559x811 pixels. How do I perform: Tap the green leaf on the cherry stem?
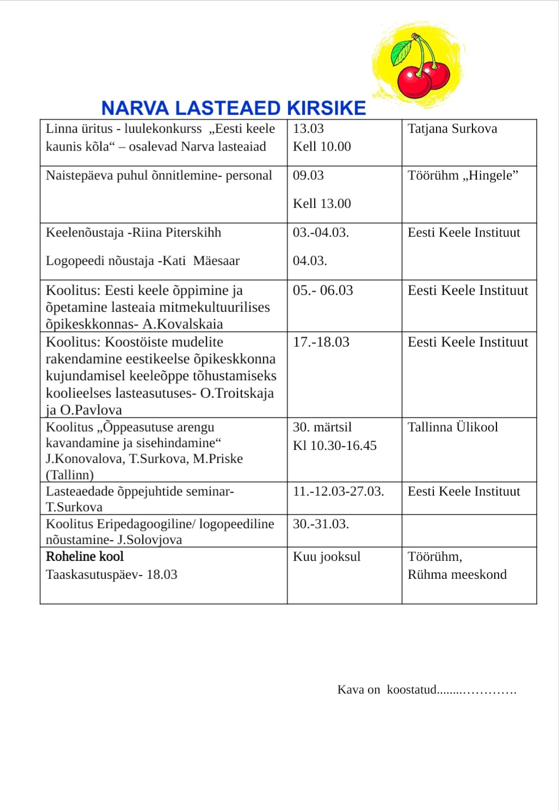click(x=402, y=52)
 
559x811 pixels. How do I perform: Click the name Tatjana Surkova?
click(x=452, y=129)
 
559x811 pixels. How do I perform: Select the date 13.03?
click(x=308, y=129)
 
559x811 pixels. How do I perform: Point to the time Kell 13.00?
click(x=322, y=203)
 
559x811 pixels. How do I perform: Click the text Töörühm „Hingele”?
click(x=463, y=175)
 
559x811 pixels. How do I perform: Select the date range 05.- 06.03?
click(x=323, y=290)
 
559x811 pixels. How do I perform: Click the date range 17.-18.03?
click(x=321, y=342)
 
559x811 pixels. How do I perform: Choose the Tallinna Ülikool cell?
click(x=453, y=427)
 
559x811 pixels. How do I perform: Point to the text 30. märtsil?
click(x=322, y=427)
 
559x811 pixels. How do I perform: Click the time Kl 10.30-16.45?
click(x=335, y=445)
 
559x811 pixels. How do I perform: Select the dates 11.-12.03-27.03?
click(x=339, y=491)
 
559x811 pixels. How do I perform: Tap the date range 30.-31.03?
click(x=321, y=524)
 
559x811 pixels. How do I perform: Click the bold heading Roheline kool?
click(x=85, y=556)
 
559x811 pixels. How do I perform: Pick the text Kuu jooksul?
click(x=327, y=556)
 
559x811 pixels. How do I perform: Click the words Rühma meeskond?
click(x=457, y=574)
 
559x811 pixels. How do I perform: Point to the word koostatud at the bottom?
click(x=411, y=690)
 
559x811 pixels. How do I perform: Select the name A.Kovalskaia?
click(x=183, y=324)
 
